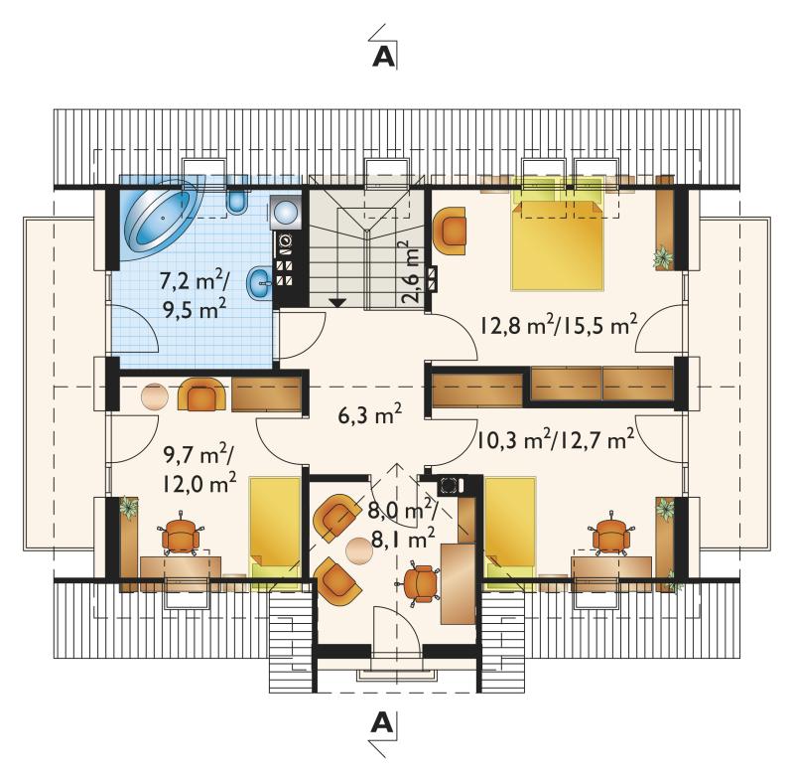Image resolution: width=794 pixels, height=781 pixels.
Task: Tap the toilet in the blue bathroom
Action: [x=237, y=196]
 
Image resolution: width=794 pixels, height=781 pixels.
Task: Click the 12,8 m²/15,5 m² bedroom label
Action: [x=558, y=326]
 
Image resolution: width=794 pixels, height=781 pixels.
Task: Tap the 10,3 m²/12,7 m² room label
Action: [x=556, y=439]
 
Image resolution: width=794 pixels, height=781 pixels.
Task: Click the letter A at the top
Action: [x=383, y=57]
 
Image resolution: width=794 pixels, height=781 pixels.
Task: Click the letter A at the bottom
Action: [x=382, y=722]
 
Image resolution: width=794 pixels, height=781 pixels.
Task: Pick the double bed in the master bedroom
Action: [x=557, y=244]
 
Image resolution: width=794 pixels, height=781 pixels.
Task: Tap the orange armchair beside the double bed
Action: [x=450, y=231]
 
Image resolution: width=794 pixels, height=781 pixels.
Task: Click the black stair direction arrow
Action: [x=337, y=303]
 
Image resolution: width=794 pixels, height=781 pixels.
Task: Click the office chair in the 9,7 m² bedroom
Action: [x=181, y=533]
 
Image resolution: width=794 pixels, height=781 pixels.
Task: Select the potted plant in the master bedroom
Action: [x=663, y=257]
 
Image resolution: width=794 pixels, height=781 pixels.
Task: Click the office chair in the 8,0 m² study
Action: [x=420, y=583]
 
